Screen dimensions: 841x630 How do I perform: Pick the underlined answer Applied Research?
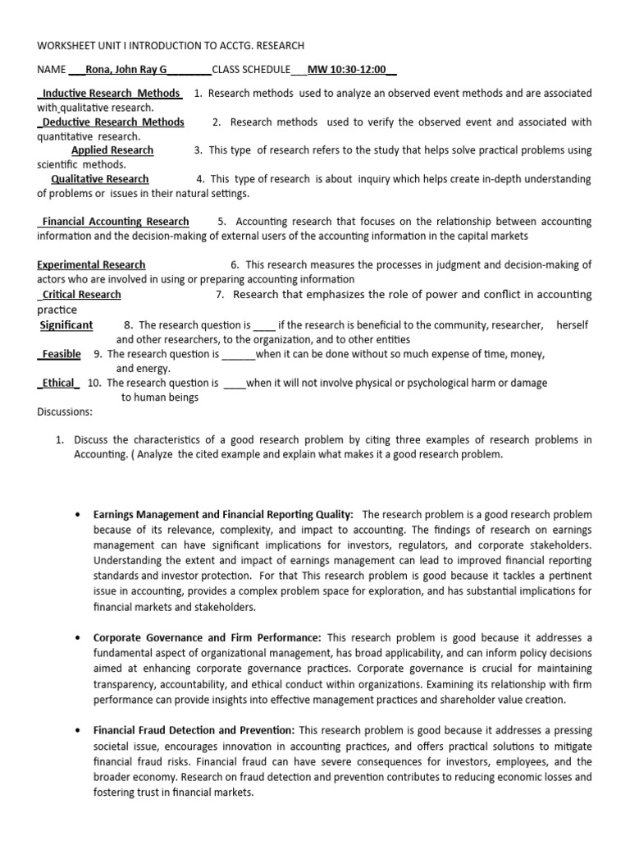point(112,150)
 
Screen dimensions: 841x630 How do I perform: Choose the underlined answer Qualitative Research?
point(100,179)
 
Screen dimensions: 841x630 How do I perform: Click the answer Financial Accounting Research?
point(115,222)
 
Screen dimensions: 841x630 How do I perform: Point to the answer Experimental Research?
point(91,265)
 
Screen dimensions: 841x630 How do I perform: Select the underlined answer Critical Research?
point(81,295)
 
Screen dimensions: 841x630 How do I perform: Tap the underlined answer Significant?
point(66,325)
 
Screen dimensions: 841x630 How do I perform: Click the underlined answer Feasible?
point(62,354)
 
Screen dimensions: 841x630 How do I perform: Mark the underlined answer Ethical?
point(58,383)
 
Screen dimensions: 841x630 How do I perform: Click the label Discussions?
point(65,411)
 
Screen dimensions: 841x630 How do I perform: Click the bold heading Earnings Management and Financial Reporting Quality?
point(223,514)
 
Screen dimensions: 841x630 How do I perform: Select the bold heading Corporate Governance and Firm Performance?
point(207,637)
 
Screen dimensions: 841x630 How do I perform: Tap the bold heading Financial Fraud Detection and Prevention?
point(194,729)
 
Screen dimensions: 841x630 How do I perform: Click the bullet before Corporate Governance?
point(75,637)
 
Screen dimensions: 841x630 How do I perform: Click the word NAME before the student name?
point(51,70)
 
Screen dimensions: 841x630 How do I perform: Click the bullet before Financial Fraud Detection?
point(75,729)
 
